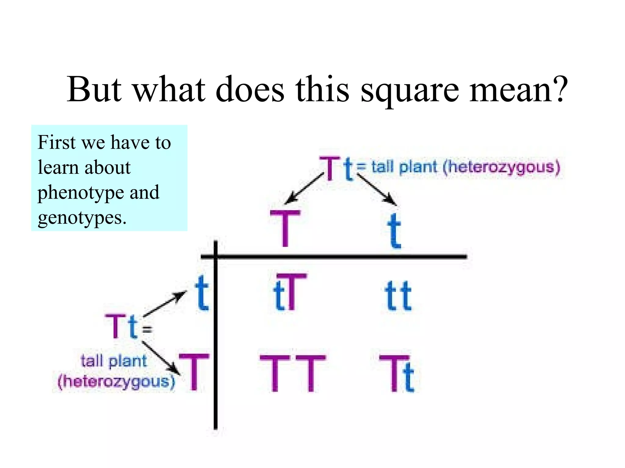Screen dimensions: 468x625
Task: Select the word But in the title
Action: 94,89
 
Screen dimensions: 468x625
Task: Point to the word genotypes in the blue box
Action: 82,218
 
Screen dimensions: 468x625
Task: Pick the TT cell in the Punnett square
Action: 293,373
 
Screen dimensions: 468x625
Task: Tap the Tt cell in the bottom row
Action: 397,374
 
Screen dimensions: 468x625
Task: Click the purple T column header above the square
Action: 285,228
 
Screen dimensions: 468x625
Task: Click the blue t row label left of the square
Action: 201,293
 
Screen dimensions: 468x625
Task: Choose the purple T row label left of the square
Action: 194,372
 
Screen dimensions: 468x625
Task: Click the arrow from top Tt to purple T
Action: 304,188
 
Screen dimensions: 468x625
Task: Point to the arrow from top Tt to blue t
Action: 377,190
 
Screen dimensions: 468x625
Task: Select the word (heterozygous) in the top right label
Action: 502,168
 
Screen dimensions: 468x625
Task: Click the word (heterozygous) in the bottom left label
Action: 117,381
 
